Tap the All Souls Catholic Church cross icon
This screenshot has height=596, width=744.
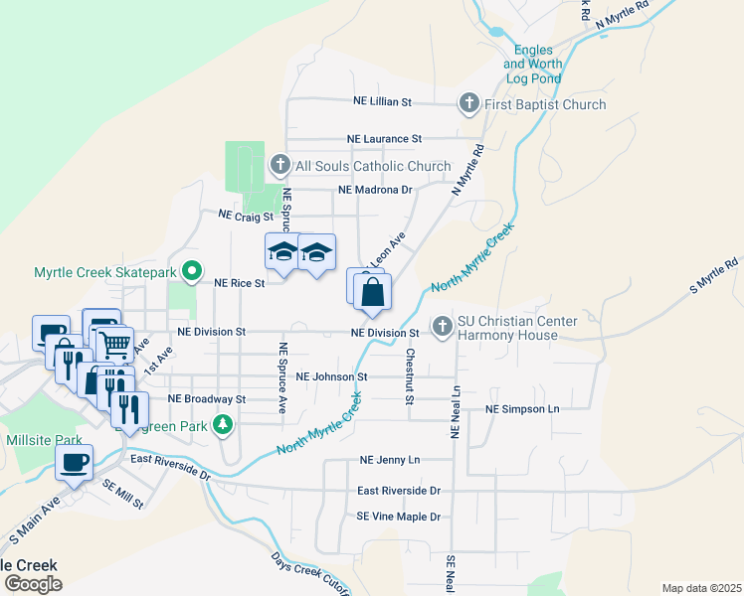(280, 166)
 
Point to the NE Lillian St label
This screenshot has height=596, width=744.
(383, 102)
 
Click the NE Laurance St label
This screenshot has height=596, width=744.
(385, 139)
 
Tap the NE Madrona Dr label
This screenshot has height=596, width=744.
(375, 190)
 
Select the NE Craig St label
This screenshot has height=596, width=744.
(245, 215)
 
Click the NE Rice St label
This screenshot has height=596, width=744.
(240, 283)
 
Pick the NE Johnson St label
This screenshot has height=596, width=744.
(332, 377)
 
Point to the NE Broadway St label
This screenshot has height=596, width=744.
(207, 398)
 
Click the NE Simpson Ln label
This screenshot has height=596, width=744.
(522, 409)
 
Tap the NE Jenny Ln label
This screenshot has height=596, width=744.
(390, 461)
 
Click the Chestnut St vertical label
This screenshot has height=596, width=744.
(409, 376)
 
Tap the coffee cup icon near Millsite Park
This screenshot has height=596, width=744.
(75, 462)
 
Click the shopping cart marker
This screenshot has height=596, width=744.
(115, 345)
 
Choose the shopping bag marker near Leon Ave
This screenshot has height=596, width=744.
(372, 293)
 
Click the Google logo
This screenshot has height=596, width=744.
(33, 584)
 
